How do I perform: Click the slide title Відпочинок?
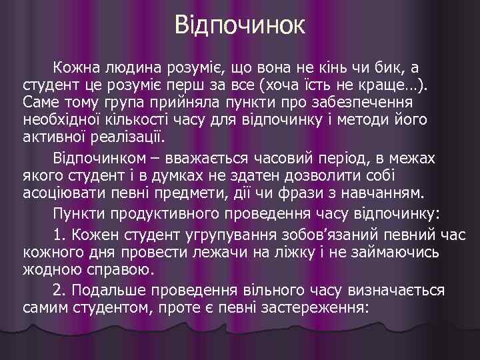click(x=240, y=26)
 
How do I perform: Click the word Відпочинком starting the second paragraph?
click(x=103, y=159)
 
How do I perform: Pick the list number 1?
click(x=59, y=235)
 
